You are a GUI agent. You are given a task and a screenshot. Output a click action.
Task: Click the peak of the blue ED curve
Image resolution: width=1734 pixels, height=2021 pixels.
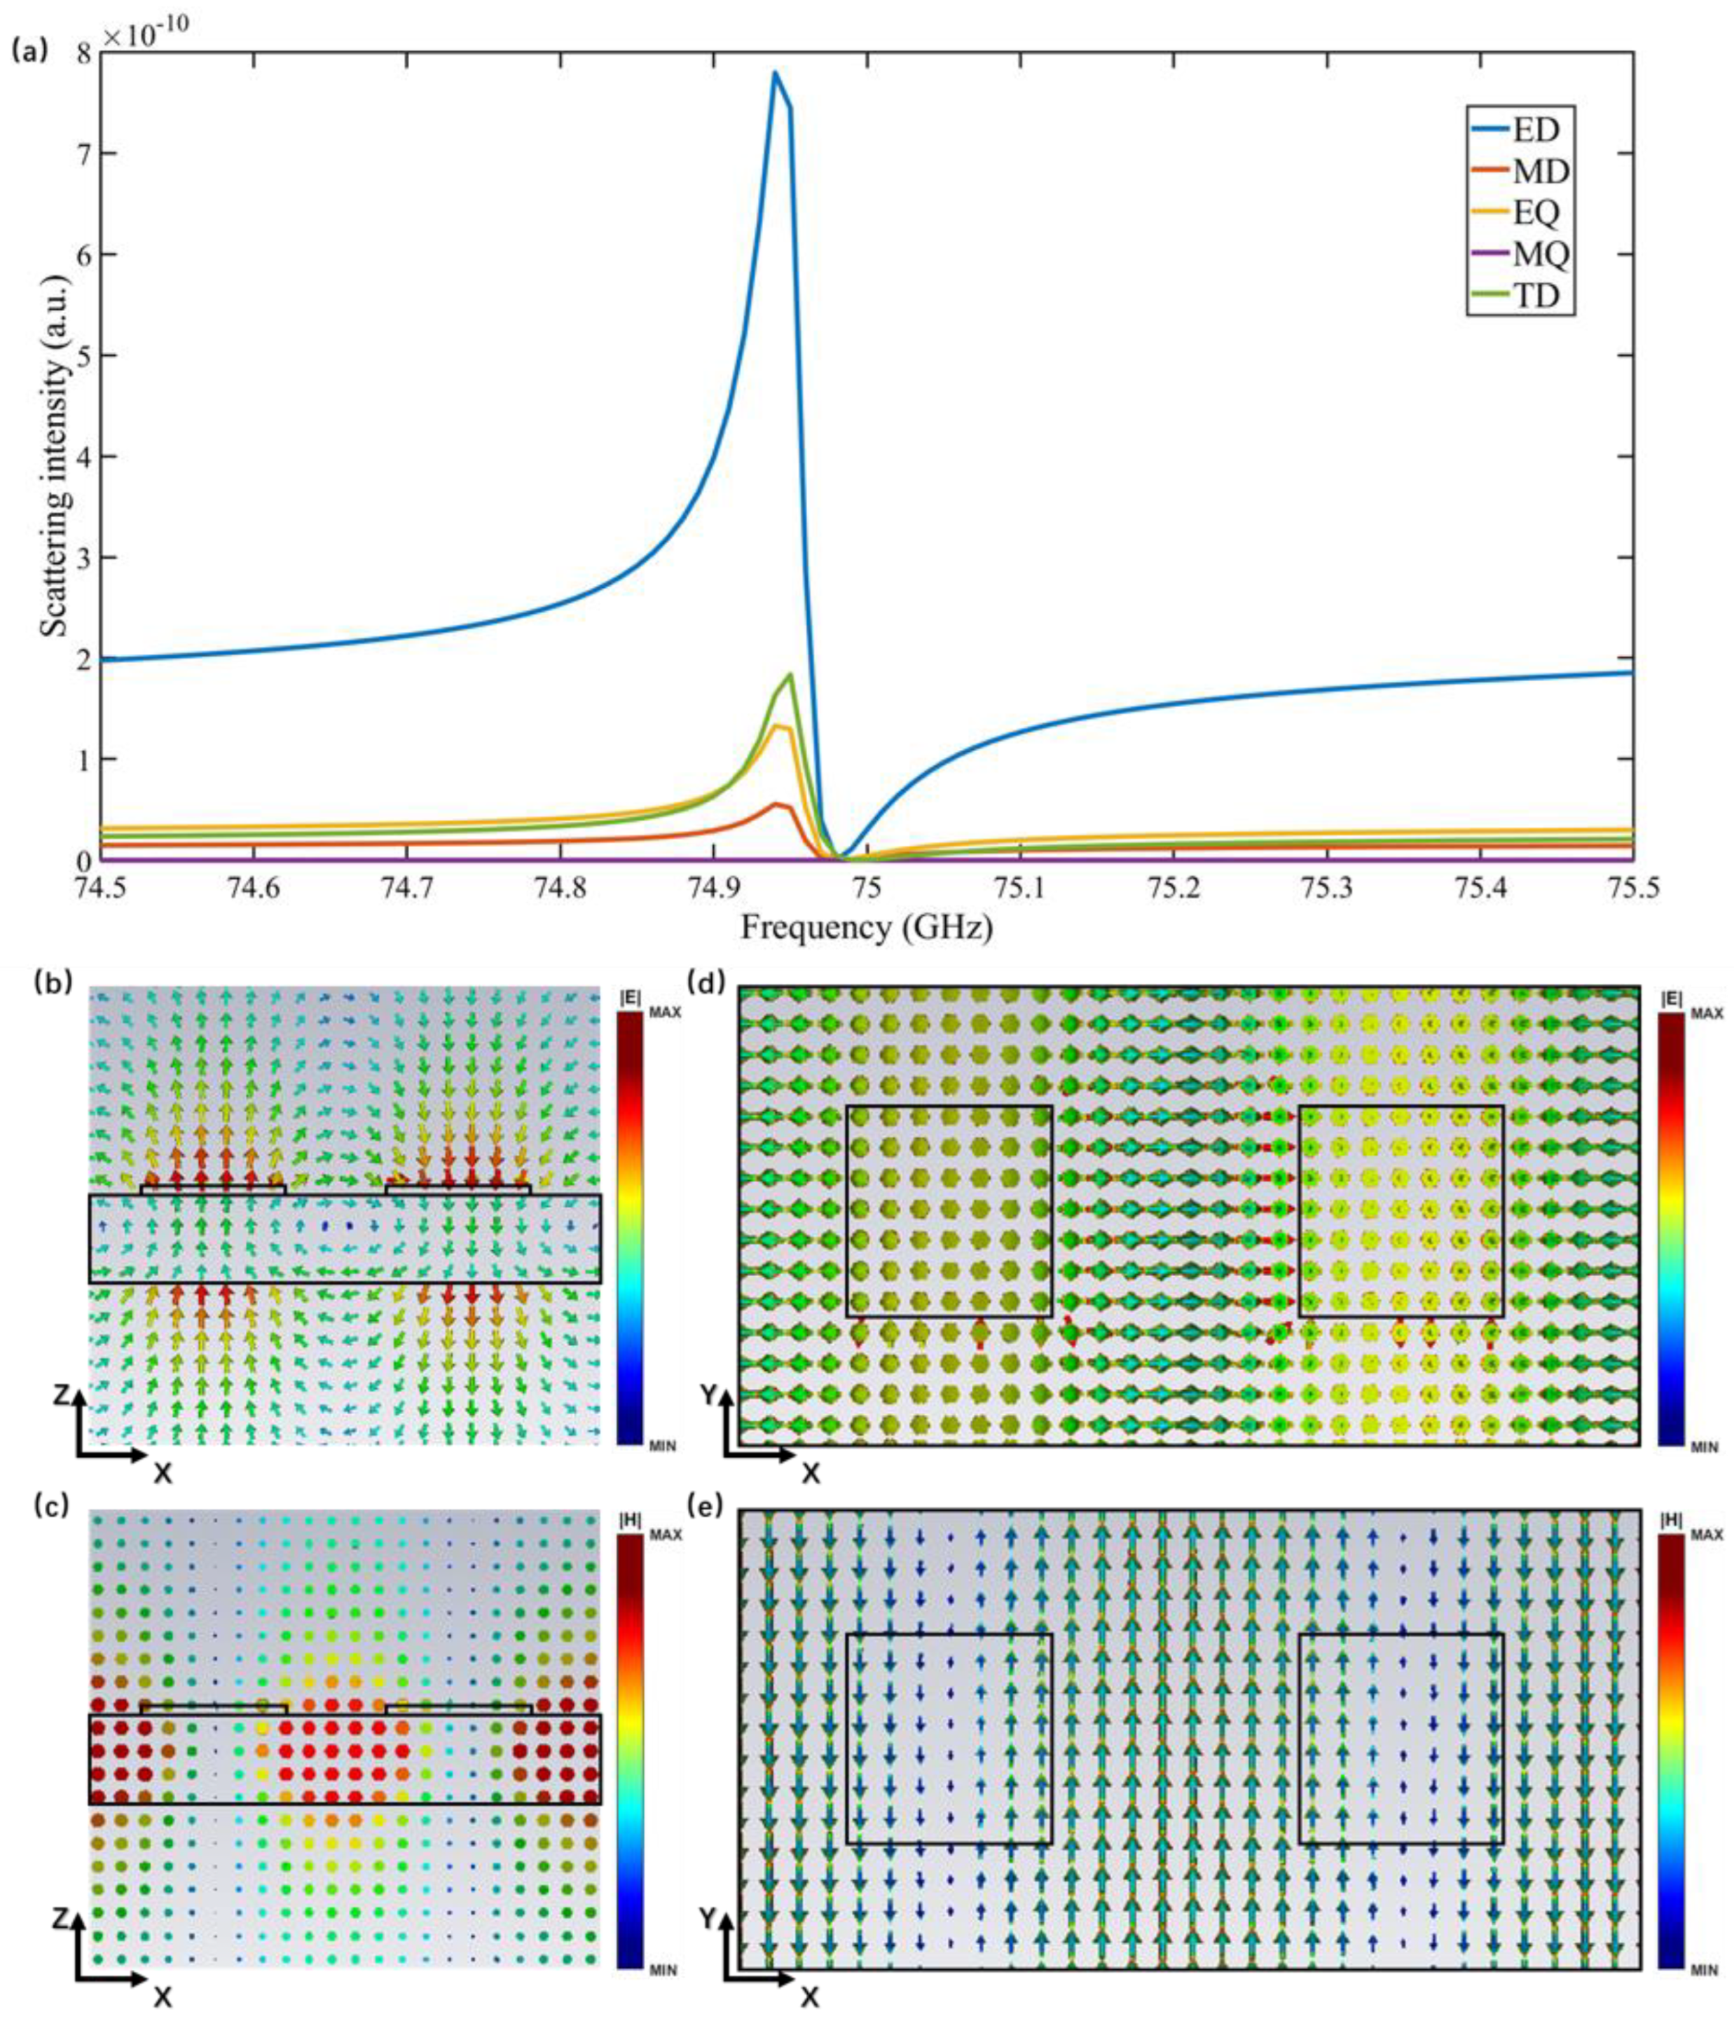[774, 73]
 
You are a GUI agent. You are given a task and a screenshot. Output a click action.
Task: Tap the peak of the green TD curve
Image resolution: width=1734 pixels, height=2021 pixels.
[789, 674]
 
